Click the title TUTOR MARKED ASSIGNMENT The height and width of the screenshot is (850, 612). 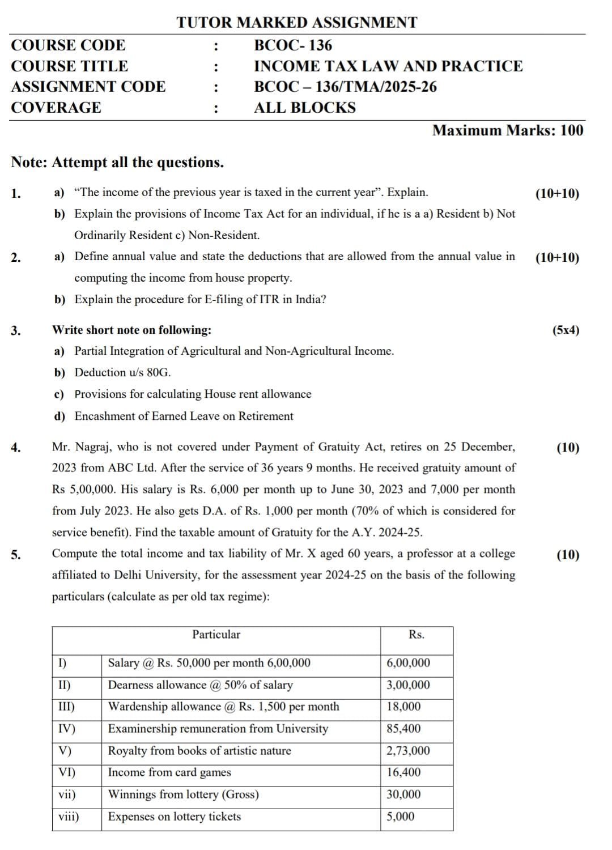(296, 23)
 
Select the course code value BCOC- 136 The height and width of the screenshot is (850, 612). (293, 45)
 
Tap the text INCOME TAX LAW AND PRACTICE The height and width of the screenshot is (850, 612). (388, 66)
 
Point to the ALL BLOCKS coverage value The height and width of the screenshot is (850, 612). (305, 108)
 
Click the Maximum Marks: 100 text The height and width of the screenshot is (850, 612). (507, 130)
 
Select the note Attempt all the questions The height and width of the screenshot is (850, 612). (117, 163)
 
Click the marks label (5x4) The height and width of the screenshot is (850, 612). (566, 330)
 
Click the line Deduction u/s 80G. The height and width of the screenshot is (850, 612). (122, 373)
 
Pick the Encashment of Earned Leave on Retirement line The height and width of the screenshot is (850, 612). (184, 416)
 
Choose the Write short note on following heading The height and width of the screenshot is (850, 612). (131, 330)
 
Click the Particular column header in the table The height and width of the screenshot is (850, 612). (216, 635)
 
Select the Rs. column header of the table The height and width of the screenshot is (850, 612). (416, 635)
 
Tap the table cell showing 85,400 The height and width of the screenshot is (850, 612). (403, 729)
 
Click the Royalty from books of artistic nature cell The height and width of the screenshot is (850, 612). (199, 751)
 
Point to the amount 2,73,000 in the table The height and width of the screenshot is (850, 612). (408, 751)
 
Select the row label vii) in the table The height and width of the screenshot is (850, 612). (67, 794)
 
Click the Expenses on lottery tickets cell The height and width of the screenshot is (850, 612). (175, 817)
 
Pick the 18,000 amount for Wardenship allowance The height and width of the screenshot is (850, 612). (403, 707)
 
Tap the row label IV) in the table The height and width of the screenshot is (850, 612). (67, 729)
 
